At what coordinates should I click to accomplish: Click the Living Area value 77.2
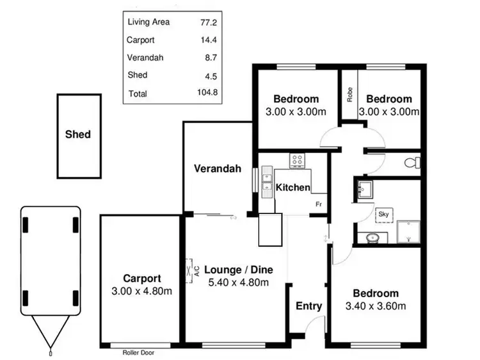click(209, 21)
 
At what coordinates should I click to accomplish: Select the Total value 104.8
click(207, 93)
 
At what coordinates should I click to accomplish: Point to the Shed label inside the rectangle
click(78, 135)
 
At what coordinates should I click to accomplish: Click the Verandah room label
click(218, 169)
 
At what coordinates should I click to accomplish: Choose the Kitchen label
click(292, 188)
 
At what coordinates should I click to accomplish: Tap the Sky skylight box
click(384, 214)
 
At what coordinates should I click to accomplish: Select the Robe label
click(349, 95)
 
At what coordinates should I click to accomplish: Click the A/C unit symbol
click(190, 270)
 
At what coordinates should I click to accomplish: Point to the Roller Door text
click(138, 352)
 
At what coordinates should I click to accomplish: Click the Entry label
click(308, 306)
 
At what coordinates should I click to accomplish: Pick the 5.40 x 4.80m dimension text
click(238, 283)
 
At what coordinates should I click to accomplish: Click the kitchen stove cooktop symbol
click(298, 160)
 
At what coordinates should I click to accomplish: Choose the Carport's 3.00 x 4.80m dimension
click(142, 291)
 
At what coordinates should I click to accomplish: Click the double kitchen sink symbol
click(267, 183)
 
